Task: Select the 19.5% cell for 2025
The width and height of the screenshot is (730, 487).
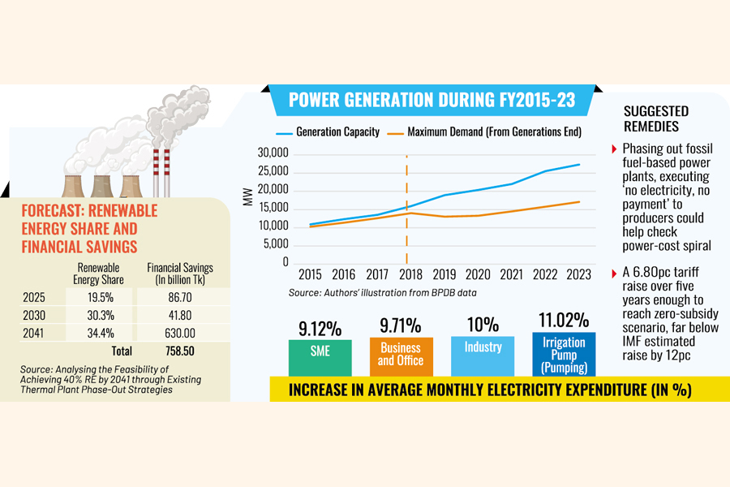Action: [x=100, y=299]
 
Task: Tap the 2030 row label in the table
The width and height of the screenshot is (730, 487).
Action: [x=36, y=317]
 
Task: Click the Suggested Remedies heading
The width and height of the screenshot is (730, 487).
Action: [x=657, y=119]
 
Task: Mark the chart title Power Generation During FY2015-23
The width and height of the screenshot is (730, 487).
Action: [x=432, y=100]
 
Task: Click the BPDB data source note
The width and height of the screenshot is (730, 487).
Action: [x=382, y=291]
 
